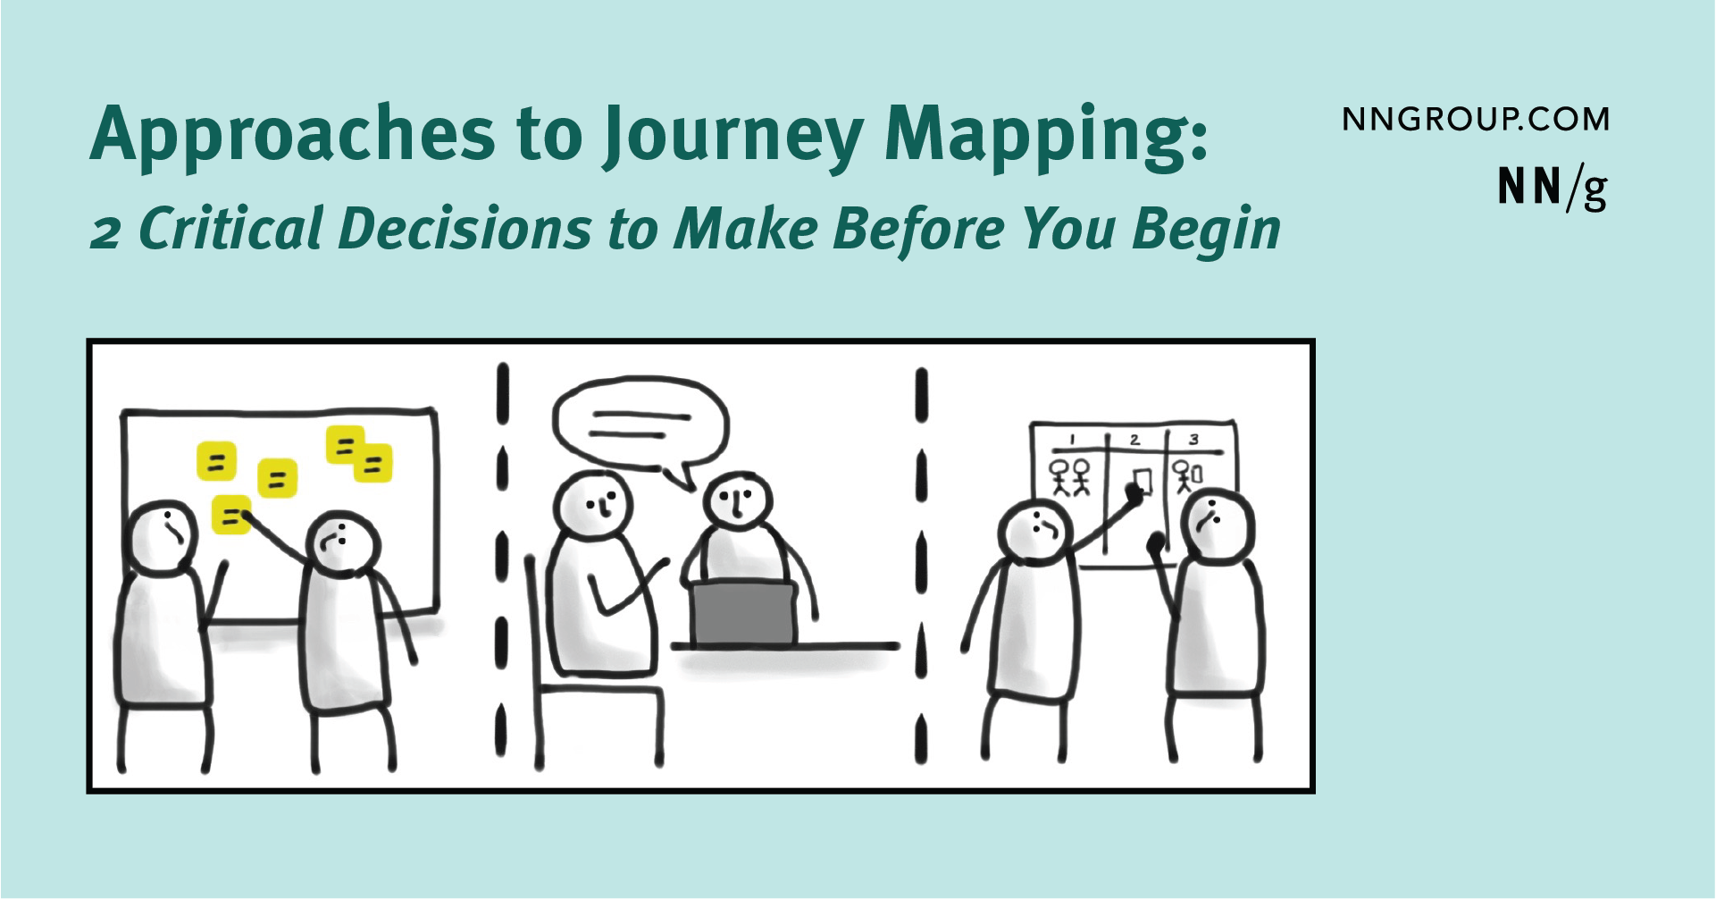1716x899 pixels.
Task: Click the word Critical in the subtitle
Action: pos(231,228)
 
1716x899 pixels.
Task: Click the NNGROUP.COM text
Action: pos(1476,120)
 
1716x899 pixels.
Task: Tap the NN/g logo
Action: pos(1553,188)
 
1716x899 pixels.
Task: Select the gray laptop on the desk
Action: pos(743,612)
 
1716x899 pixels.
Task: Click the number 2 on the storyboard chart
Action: pos(1134,440)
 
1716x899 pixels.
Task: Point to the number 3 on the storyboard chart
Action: pos(1193,440)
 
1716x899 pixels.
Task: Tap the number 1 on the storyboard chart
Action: pos(1072,440)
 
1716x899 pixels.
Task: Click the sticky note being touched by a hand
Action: pos(231,515)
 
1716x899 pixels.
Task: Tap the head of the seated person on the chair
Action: pos(592,505)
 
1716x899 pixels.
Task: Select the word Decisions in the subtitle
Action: pos(465,228)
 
